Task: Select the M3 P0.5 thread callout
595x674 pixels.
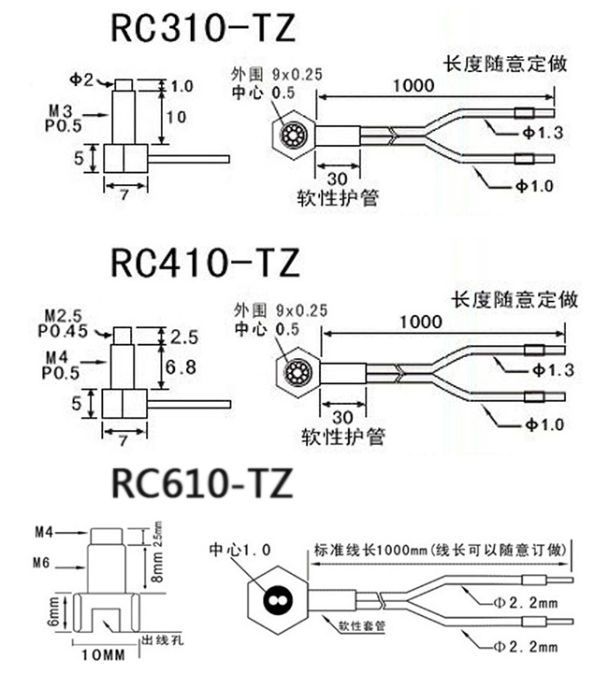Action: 62,120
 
